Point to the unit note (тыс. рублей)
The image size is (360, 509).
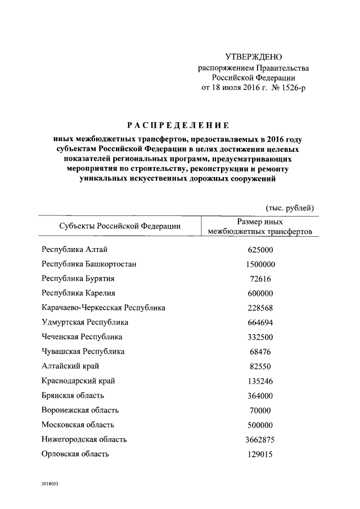click(289, 208)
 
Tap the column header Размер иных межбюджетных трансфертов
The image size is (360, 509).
click(260, 227)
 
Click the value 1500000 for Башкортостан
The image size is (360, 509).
click(260, 264)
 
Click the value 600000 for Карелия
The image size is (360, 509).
click(260, 293)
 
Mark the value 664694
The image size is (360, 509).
click(260, 322)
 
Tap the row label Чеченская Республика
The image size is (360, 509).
click(82, 337)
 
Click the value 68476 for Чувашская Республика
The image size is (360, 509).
click(260, 352)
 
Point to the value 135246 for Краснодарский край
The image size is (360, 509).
click(260, 381)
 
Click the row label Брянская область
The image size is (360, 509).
click(74, 395)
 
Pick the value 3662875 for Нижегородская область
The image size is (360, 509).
click(260, 439)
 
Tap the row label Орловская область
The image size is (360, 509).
click(75, 454)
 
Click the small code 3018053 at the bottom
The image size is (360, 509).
click(49, 484)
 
